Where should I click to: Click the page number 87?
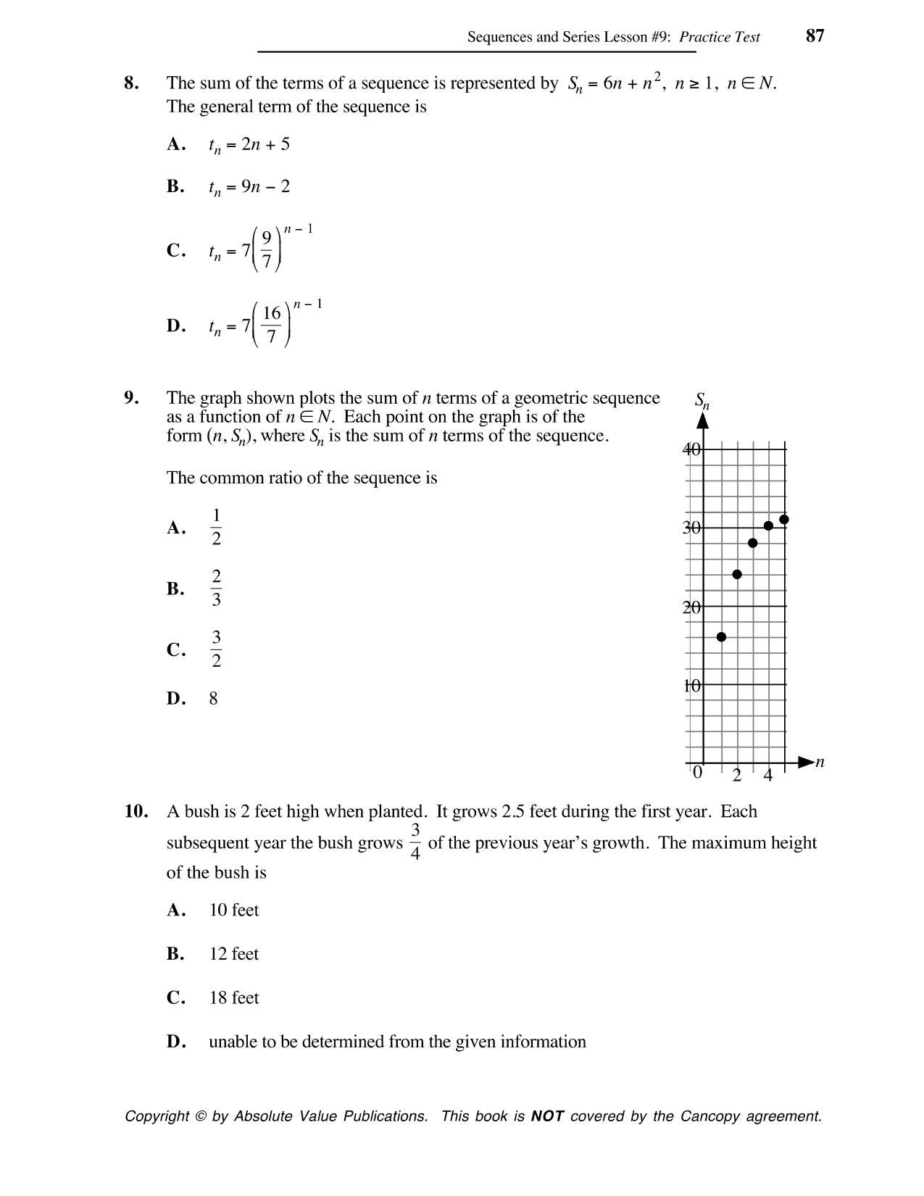[815, 36]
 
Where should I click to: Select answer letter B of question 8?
[175, 187]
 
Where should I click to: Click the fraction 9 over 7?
[267, 250]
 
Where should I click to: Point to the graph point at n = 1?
[721, 636]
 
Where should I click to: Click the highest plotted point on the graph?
[783, 519]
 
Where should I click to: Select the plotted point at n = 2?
[737, 574]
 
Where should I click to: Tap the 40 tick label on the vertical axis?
[691, 449]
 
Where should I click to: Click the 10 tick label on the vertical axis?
[691, 685]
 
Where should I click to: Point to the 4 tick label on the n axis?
[768, 776]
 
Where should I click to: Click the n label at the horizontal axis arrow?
[820, 762]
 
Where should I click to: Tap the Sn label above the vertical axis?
[702, 400]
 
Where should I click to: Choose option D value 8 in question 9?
[213, 699]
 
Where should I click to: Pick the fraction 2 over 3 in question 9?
[216, 588]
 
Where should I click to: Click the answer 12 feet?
[233, 954]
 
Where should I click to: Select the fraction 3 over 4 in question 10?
[415, 842]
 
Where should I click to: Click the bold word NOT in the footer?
[547, 1116]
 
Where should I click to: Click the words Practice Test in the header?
[719, 37]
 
